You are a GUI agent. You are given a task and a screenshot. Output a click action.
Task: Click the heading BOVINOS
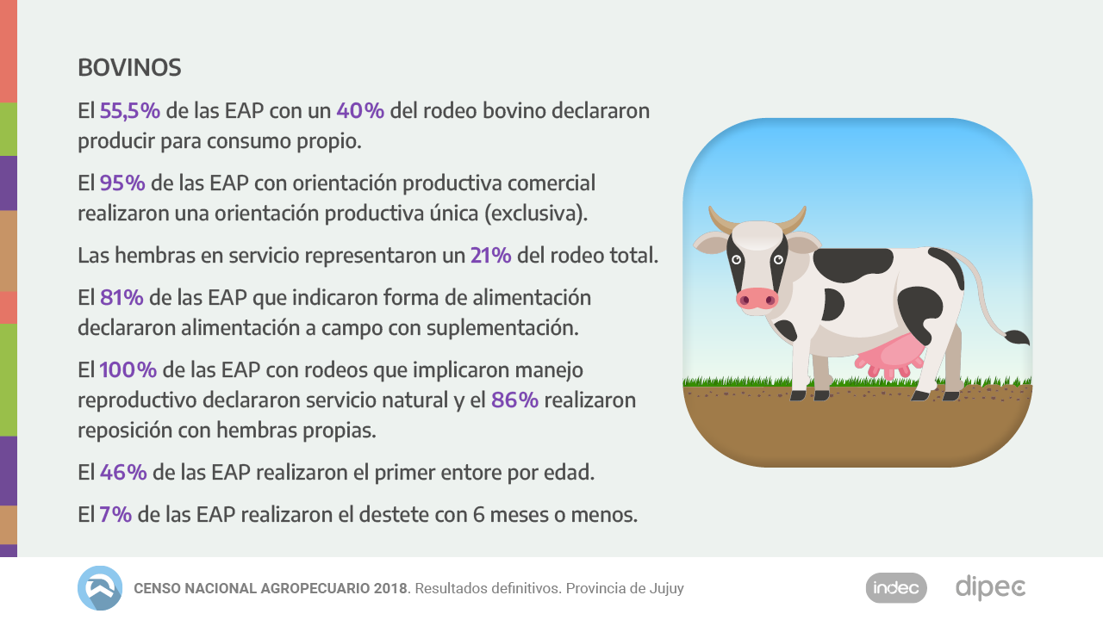[129, 67]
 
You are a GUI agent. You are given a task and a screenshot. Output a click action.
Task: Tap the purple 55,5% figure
[130, 111]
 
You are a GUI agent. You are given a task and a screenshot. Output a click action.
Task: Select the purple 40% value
[360, 111]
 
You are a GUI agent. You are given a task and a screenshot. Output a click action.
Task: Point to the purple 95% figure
[122, 183]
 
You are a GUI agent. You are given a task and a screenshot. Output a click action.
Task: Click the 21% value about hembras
[491, 256]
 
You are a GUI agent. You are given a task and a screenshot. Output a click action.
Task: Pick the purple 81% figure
[122, 298]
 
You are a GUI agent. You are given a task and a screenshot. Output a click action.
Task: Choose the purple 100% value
[128, 370]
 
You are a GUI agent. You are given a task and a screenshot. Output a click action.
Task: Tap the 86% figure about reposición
[514, 400]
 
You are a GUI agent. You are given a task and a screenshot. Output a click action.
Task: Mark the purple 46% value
[123, 473]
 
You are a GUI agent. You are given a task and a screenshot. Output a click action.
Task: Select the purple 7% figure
[115, 515]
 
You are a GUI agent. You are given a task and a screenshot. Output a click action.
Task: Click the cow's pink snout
[757, 299]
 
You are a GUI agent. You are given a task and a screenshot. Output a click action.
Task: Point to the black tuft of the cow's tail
[1017, 337]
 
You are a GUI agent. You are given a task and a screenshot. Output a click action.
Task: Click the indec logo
[896, 588]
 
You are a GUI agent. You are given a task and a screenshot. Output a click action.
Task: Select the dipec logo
[990, 588]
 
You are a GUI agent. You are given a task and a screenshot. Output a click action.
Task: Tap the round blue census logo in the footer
[100, 588]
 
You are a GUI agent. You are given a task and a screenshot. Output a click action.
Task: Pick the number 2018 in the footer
[392, 589]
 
